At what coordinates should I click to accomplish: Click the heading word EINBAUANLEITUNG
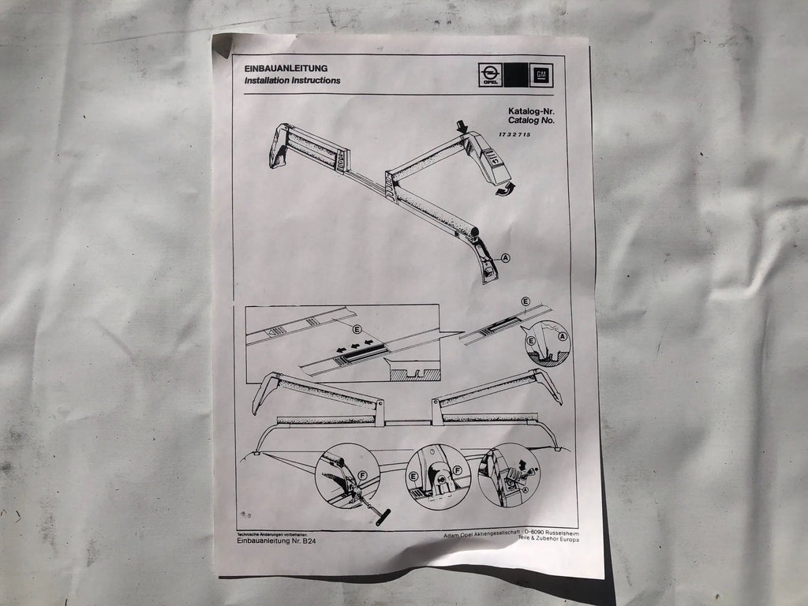tap(285, 68)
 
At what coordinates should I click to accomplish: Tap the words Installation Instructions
tap(292, 80)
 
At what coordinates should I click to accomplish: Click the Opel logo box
tap(490, 75)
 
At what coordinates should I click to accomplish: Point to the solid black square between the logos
tap(515, 75)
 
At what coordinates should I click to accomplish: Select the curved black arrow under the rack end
tap(503, 189)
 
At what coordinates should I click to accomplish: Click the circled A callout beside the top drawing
tap(505, 256)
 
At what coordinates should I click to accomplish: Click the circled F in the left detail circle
tap(362, 476)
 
